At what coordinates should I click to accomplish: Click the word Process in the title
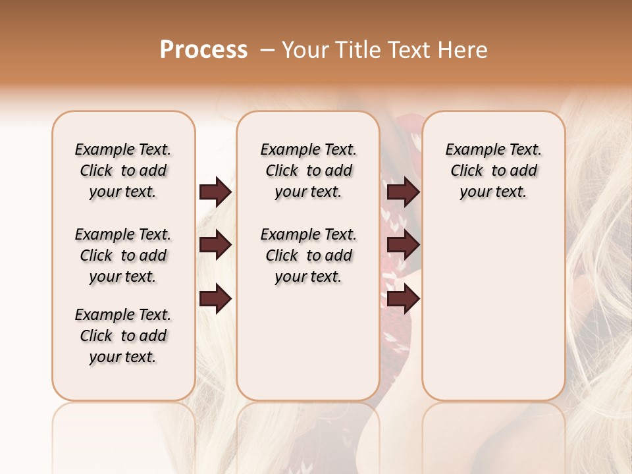tap(203, 50)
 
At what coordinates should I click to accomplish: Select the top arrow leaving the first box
tap(215, 192)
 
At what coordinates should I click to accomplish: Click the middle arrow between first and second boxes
tap(215, 246)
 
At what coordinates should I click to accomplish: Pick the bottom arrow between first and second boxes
tap(215, 299)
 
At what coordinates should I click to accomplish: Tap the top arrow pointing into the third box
tap(403, 192)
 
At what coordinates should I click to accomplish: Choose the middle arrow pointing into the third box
tap(403, 246)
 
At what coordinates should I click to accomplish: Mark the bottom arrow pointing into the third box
tap(403, 299)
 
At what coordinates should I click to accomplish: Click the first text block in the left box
tap(123, 171)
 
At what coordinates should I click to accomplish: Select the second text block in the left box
tap(123, 255)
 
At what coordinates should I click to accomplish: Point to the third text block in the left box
tap(123, 336)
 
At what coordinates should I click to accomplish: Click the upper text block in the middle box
tap(308, 171)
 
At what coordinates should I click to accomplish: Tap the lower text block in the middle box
tap(308, 255)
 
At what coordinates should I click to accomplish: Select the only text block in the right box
tap(493, 171)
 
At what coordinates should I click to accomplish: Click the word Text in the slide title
tap(408, 50)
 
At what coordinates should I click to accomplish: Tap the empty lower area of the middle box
tap(308, 342)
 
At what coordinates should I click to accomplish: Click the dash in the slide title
tap(267, 50)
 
